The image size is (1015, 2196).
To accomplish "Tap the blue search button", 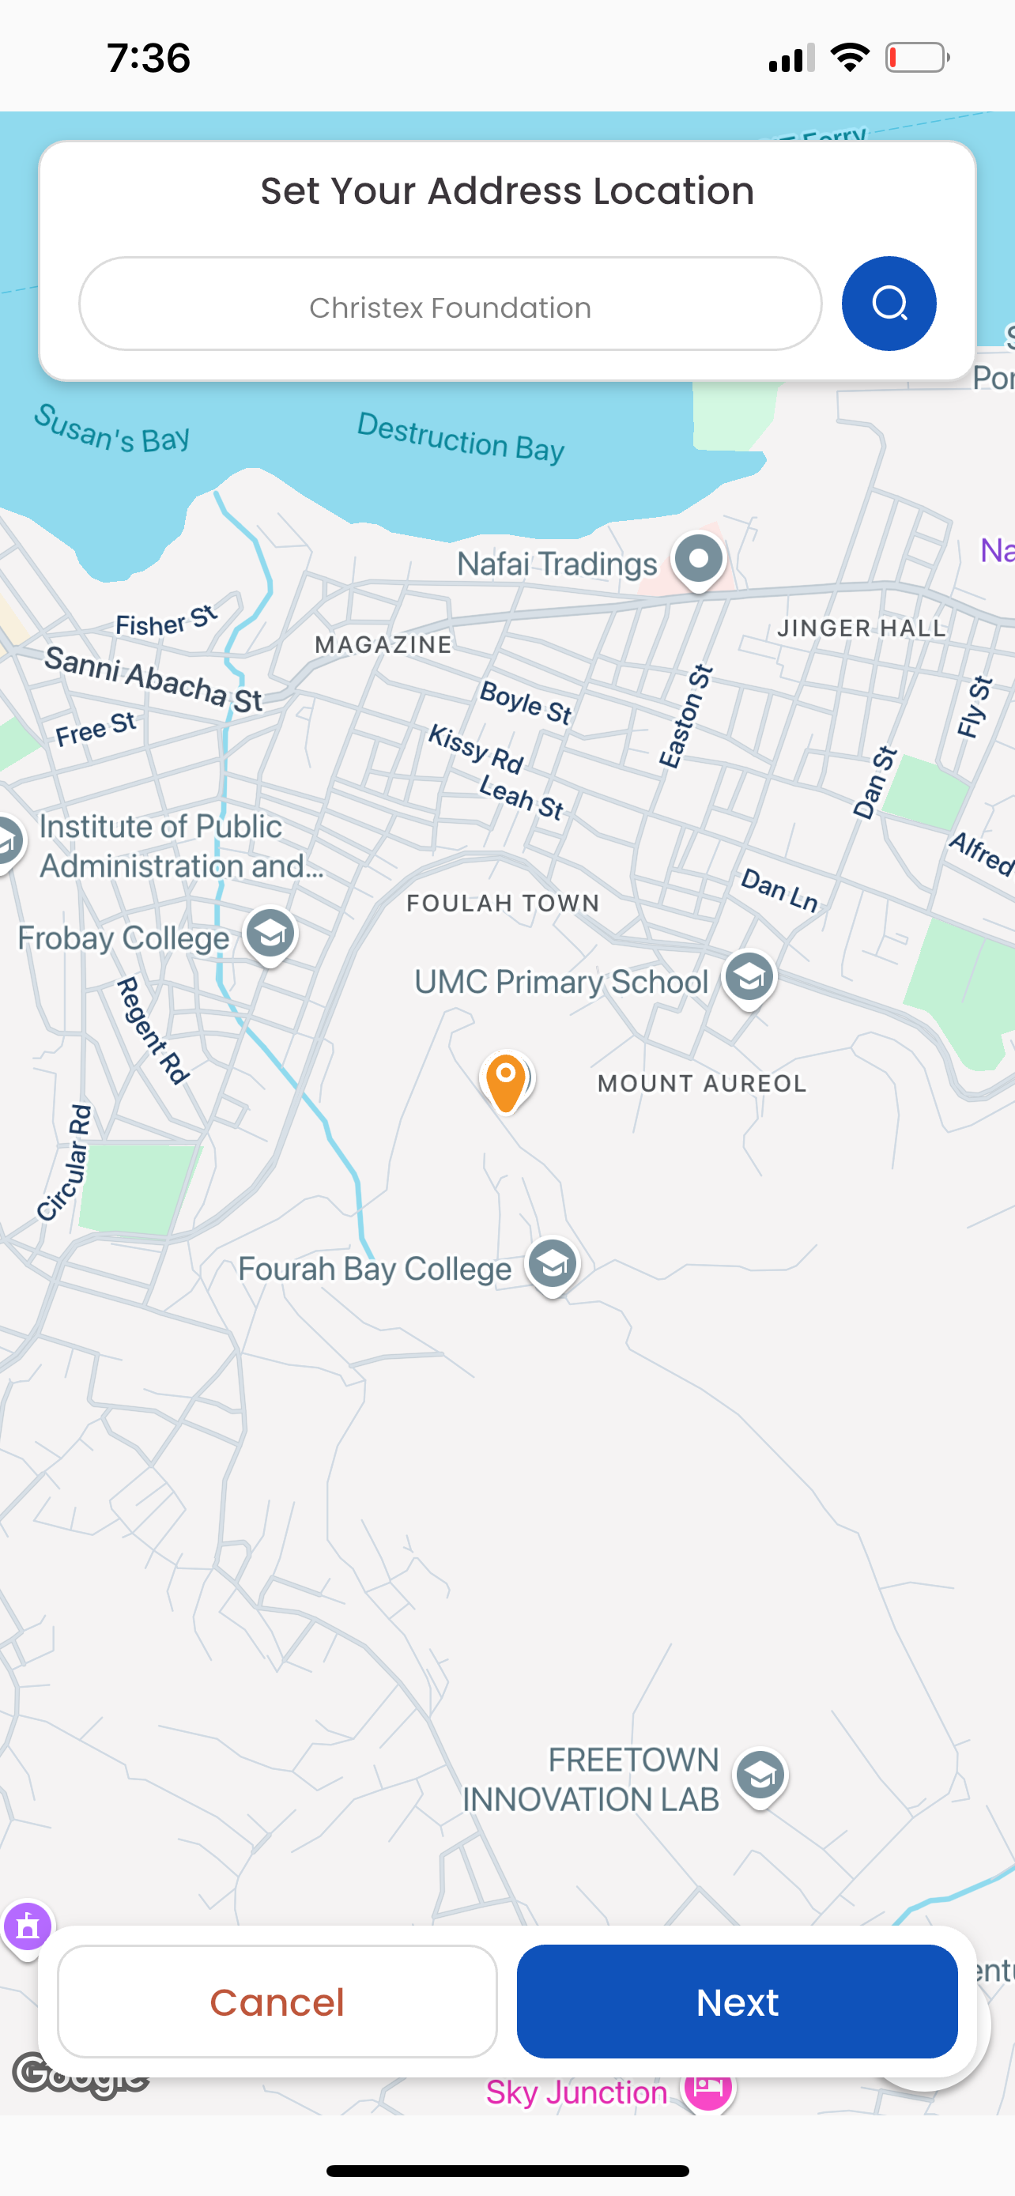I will click(x=888, y=304).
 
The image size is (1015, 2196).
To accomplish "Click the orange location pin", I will click(x=505, y=1081).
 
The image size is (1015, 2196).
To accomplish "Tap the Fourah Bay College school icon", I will click(x=553, y=1265).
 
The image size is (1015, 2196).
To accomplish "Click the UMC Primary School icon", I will click(x=749, y=978).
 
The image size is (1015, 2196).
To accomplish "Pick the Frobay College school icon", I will click(x=270, y=934).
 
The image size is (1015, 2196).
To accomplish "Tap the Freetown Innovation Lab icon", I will click(x=760, y=1776).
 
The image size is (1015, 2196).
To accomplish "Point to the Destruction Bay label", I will click(x=461, y=437).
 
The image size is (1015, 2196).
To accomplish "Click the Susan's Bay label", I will click(x=111, y=428).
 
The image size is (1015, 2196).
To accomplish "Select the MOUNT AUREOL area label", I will click(x=701, y=1084).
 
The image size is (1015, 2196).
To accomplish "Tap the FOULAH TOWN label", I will click(x=503, y=903).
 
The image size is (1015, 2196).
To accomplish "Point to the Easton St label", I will click(x=685, y=717).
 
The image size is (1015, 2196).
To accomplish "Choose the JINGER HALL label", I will click(x=862, y=628).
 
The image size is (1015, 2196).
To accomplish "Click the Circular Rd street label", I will click(x=65, y=1163).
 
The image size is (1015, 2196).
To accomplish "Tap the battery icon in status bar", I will click(x=917, y=58).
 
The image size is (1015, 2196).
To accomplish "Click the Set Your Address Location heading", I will click(x=507, y=191).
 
